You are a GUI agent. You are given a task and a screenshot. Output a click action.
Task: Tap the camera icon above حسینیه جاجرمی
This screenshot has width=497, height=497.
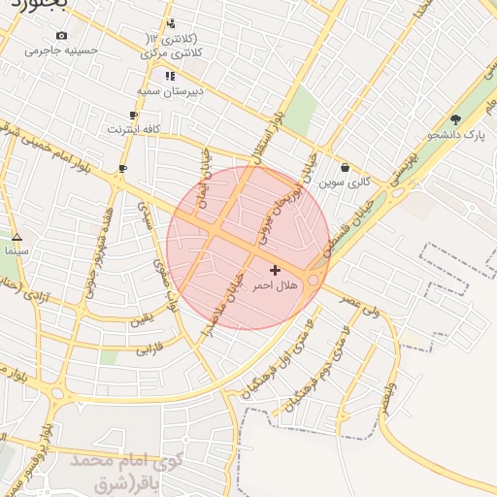(x=61, y=35)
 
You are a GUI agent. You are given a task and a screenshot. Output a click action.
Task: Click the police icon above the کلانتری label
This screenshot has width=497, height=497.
(x=171, y=23)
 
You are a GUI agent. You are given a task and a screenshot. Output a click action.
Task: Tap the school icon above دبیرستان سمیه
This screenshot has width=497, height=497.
(x=170, y=76)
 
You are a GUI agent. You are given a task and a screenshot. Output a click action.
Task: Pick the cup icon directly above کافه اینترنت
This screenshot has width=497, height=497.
(x=133, y=116)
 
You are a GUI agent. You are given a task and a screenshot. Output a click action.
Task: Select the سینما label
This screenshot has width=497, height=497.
(x=17, y=250)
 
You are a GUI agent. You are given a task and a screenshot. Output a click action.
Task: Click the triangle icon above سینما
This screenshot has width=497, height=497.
(x=17, y=237)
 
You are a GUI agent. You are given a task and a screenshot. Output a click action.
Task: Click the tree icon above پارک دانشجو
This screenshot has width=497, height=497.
(x=455, y=119)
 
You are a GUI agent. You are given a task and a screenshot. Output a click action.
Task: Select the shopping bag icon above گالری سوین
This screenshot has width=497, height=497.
(x=346, y=167)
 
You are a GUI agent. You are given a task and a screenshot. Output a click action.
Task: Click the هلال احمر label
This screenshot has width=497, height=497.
(x=275, y=285)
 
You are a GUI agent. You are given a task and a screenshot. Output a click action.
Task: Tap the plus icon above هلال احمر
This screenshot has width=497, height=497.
(x=275, y=270)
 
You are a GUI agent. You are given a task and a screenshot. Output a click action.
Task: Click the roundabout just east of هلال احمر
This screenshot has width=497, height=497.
(x=313, y=280)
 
